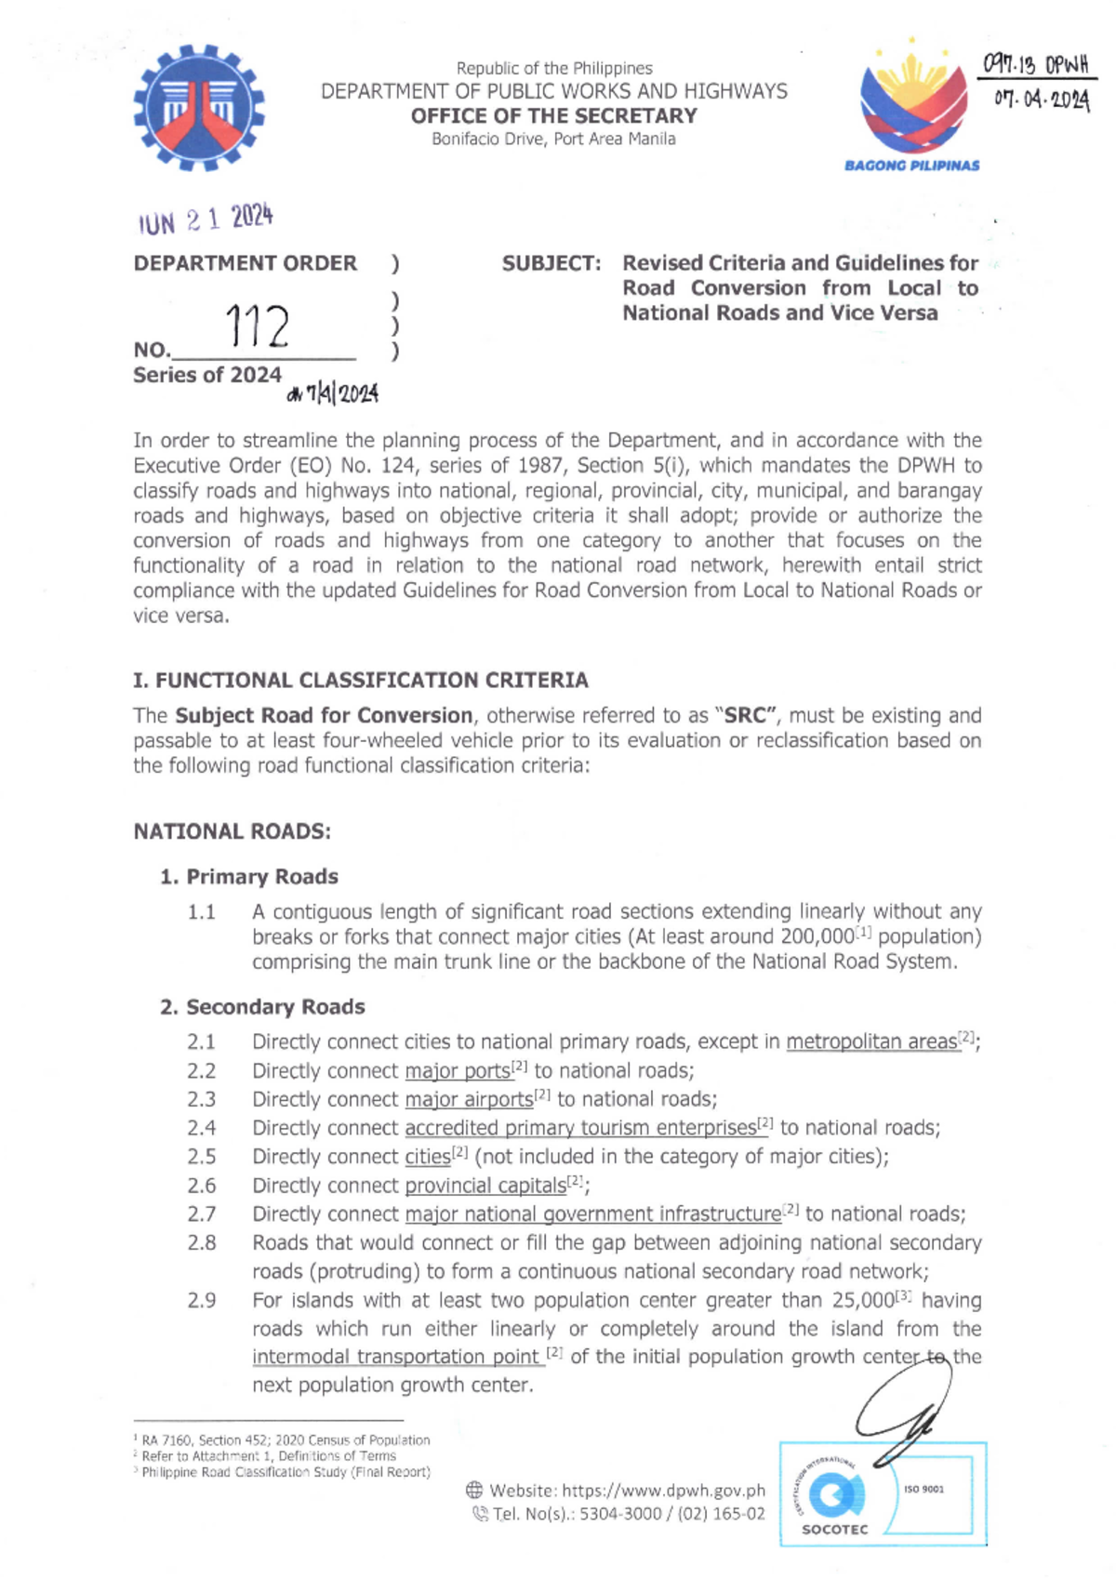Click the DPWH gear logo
(x=198, y=108)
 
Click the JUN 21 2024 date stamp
(x=206, y=220)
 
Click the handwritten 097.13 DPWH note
(x=1035, y=65)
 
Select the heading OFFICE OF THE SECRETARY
(x=553, y=116)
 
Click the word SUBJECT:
(x=551, y=264)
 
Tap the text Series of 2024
(x=206, y=375)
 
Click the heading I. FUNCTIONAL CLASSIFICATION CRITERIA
(x=360, y=681)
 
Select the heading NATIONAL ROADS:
(x=232, y=831)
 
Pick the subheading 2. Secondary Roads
(x=262, y=1007)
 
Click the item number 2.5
(x=201, y=1157)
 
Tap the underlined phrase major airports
(x=469, y=1100)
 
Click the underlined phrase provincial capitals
(x=485, y=1187)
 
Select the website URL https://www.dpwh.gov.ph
(x=663, y=1491)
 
